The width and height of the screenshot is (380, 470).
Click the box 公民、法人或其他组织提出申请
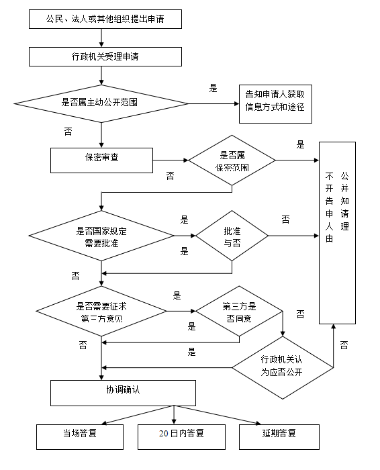[x=105, y=19]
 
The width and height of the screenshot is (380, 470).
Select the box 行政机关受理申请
[x=105, y=56]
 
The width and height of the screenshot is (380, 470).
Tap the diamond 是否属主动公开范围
[x=101, y=103]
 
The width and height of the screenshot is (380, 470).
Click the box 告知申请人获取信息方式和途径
[x=275, y=104]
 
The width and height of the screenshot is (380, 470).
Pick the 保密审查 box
[x=101, y=160]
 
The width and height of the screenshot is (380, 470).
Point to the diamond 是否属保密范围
[x=232, y=160]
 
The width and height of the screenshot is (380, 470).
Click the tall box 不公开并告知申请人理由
[x=337, y=233]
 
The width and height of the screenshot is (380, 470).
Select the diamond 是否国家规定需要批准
[x=101, y=236]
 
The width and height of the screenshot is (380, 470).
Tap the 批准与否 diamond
[x=232, y=236]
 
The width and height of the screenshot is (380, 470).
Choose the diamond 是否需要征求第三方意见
[x=101, y=311]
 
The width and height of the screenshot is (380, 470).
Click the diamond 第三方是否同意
[x=239, y=311]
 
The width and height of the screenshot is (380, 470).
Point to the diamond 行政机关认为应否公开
[x=283, y=368]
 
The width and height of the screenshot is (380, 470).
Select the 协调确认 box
[x=123, y=393]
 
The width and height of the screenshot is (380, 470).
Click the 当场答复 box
[x=80, y=437]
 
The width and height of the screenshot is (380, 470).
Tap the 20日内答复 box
[x=181, y=437]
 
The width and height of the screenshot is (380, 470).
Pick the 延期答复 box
[x=279, y=437]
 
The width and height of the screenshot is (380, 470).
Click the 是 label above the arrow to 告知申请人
[x=213, y=88]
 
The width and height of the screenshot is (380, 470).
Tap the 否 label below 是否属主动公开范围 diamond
[x=68, y=132]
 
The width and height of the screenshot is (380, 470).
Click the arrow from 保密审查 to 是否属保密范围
[x=171, y=160]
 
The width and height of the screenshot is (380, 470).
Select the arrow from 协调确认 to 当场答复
[x=138, y=415]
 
